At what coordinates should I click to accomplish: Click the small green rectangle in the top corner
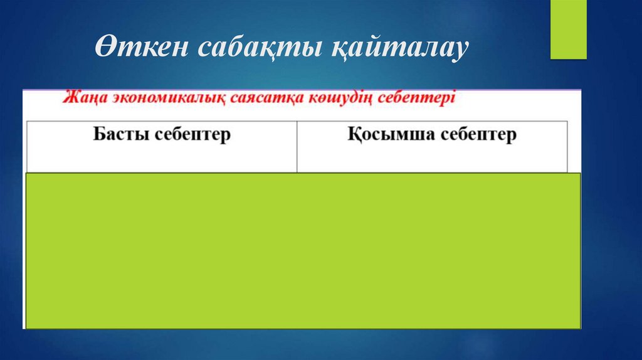coord(568,29)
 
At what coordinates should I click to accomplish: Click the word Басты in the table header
coord(119,134)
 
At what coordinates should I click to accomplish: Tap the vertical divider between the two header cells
coord(297,146)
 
